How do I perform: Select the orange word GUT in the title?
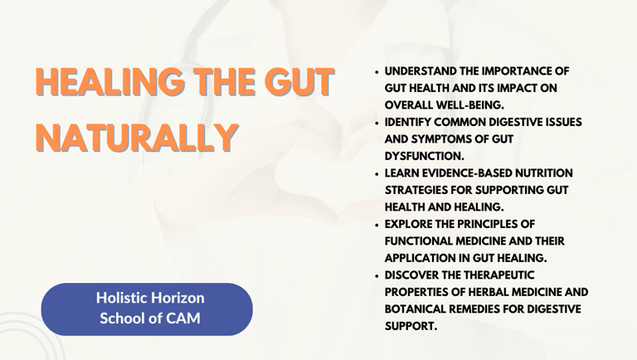pos(299,81)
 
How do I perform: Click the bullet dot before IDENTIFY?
pos(377,123)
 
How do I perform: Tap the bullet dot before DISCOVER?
pos(377,276)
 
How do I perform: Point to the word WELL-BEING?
pos(470,105)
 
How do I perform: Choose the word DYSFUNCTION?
pos(425,156)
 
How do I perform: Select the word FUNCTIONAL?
pos(418,241)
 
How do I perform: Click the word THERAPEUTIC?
pos(499,275)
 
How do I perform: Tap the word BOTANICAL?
pos(416,309)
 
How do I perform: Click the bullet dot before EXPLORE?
pos(377,225)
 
